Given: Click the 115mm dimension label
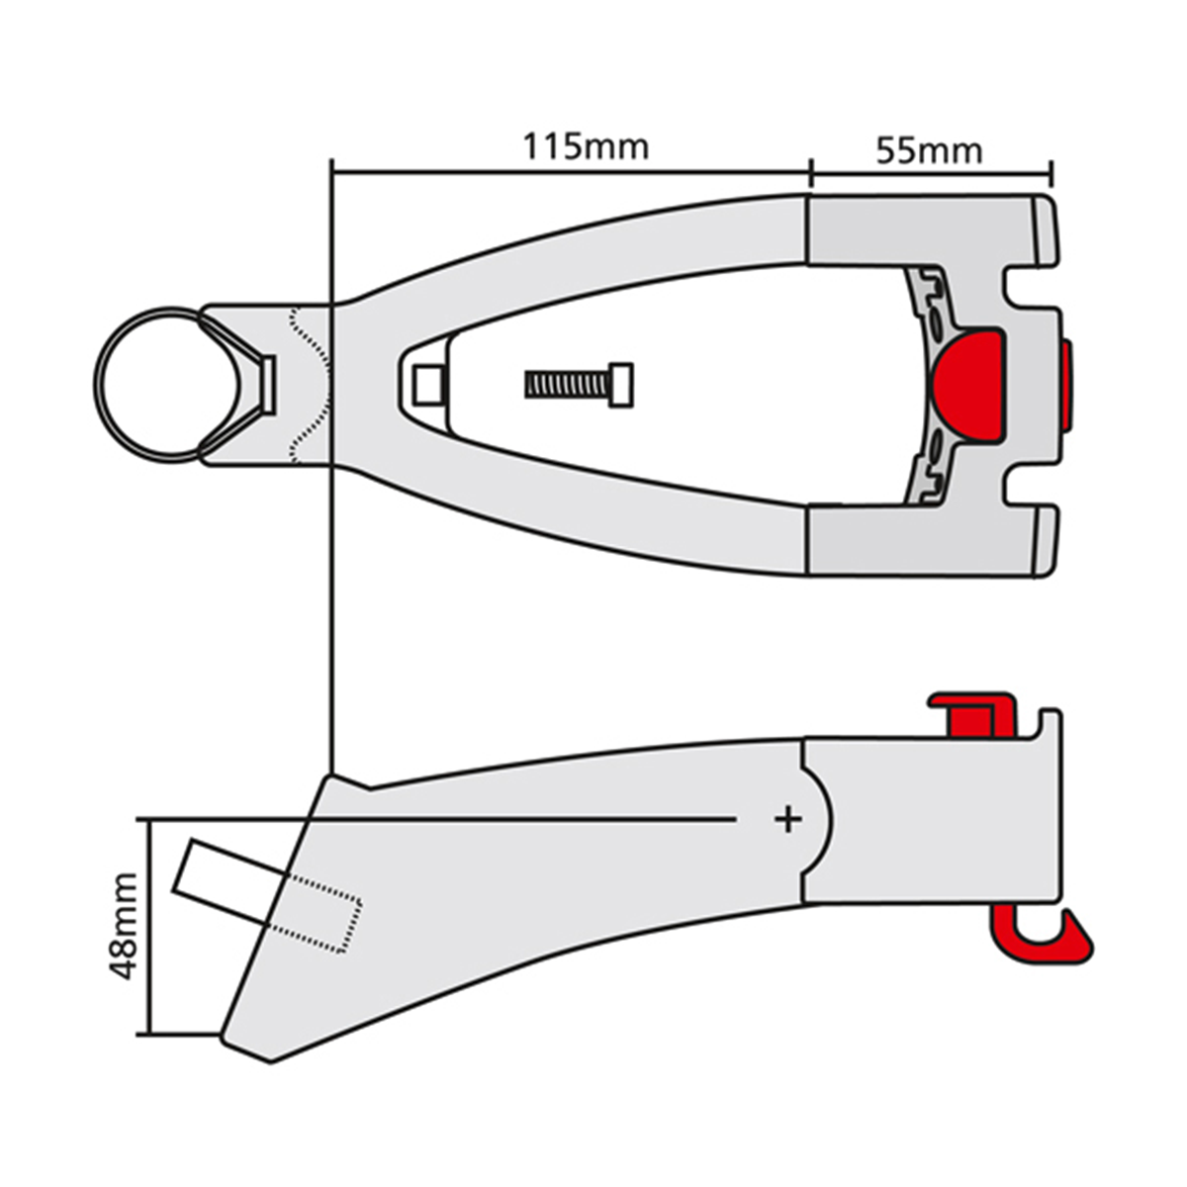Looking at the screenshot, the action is coord(586,147).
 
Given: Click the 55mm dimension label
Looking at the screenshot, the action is coord(929,151).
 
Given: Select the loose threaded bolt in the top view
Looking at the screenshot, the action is coord(579,385).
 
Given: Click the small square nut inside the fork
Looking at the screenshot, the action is coord(428,385).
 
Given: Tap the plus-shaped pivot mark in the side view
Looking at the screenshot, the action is coord(787,819).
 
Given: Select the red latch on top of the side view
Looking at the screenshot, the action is coord(972,714).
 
